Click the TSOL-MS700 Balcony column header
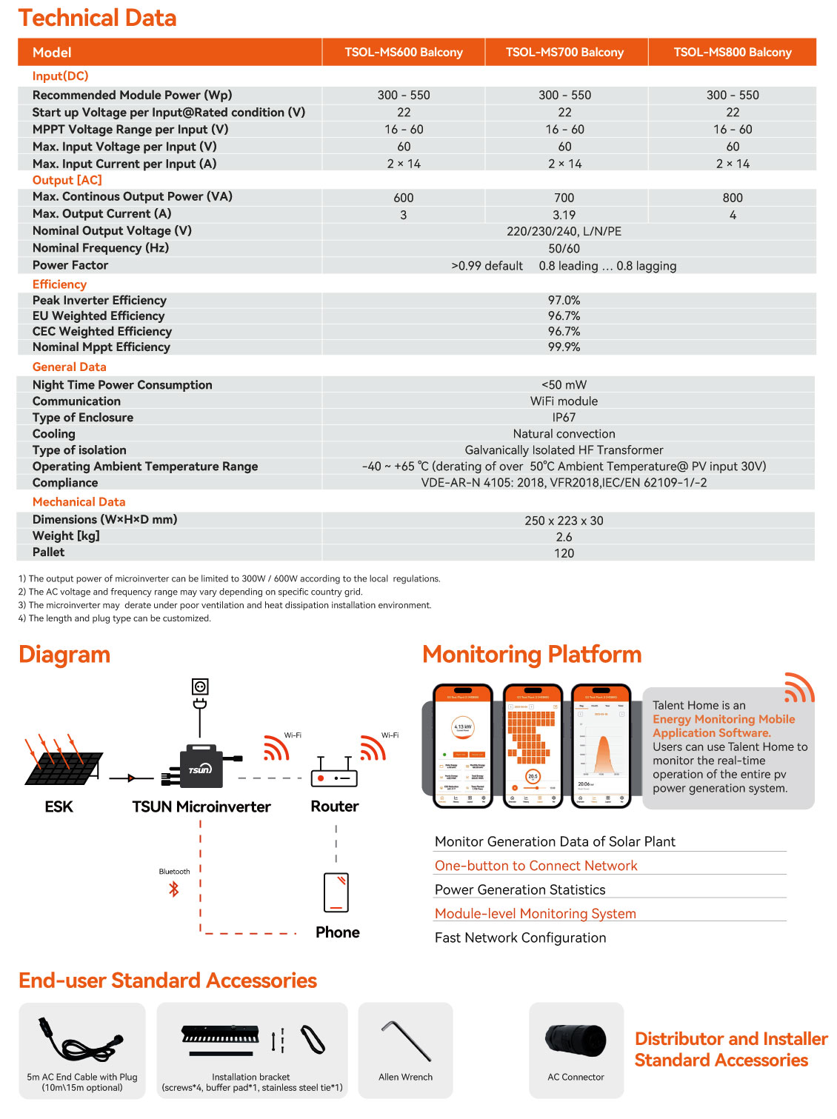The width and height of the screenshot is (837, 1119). pos(564,53)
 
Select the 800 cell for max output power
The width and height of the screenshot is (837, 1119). pos(732,198)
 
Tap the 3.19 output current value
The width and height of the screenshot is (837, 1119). pos(564,215)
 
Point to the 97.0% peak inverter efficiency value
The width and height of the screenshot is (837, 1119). pos(564,300)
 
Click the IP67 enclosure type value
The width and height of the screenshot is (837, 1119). pos(564,418)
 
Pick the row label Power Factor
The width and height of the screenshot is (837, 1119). pos(70,265)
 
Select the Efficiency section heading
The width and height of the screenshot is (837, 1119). pos(59,284)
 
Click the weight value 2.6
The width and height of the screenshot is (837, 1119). pos(564,537)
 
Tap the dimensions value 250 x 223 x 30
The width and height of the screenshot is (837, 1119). pos(564,521)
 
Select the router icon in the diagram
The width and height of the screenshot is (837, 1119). pos(334,775)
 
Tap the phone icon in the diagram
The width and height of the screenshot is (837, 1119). pos(336,892)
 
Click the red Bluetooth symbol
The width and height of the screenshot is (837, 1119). pos(174,889)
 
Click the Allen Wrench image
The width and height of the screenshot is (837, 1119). pos(406,1040)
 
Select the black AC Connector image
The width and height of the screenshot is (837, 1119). pos(576,1040)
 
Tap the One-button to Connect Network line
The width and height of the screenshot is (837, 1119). pos(536,866)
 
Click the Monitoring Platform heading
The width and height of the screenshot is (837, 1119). pos(531,655)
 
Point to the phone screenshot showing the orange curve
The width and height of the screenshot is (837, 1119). pos(601,746)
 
